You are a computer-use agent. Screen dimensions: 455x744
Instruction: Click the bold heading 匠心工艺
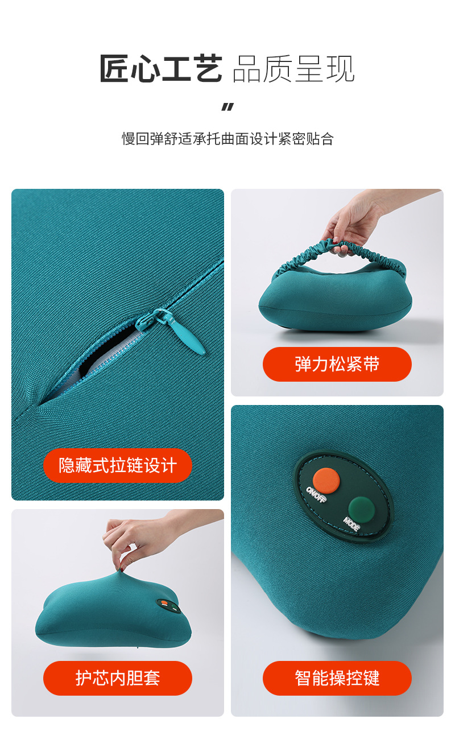[161, 68]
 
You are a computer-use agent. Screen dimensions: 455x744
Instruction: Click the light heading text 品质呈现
[293, 69]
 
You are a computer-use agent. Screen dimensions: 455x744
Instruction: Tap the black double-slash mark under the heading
[227, 107]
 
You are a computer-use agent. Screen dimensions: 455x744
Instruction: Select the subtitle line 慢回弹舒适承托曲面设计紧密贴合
[227, 138]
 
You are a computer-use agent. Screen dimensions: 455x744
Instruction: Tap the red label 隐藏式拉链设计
[118, 465]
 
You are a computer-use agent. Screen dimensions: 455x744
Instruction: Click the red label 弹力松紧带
[337, 364]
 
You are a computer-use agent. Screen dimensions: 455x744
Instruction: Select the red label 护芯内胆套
[118, 678]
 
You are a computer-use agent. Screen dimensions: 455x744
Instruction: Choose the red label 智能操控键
[337, 678]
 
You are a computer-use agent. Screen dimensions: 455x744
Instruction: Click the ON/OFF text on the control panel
[316, 494]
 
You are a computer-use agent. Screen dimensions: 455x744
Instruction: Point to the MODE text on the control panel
[351, 524]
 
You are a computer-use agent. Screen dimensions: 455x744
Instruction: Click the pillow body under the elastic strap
[336, 299]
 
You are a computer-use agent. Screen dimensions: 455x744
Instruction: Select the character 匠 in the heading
[114, 68]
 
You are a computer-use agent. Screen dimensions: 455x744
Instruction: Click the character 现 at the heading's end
[341, 69]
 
